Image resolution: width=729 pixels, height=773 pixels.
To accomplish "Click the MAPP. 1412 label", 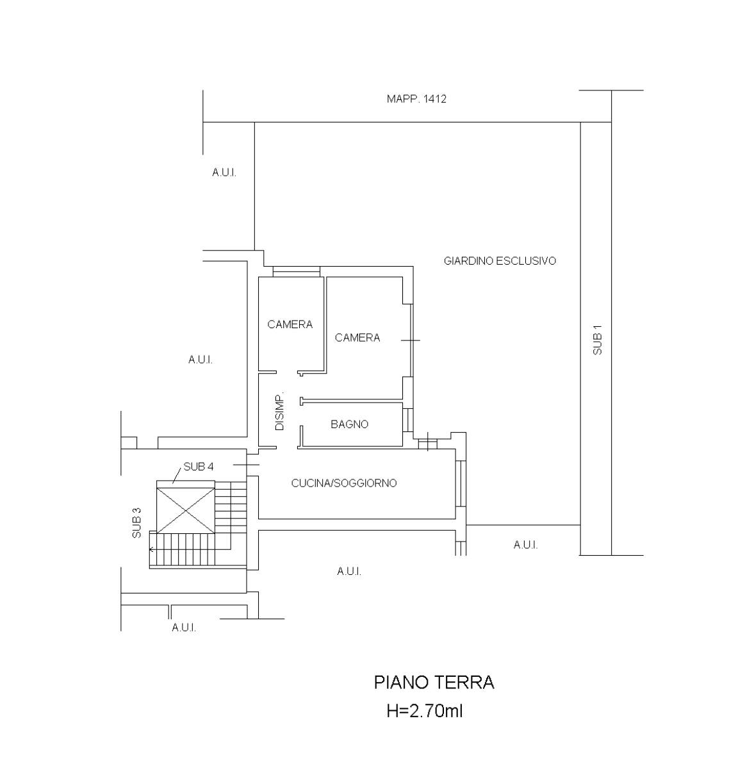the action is (x=416, y=99).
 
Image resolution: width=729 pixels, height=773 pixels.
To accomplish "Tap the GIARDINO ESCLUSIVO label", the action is (x=500, y=261).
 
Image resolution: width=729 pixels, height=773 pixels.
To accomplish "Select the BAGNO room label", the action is (x=349, y=424).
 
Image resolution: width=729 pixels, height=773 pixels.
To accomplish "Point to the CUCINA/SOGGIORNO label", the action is (x=344, y=483).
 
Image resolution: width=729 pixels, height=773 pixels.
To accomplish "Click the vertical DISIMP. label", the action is (x=280, y=411).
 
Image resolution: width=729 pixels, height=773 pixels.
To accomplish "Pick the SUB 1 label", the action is (x=598, y=340).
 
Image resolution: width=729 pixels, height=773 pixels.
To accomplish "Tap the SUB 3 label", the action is (x=136, y=523).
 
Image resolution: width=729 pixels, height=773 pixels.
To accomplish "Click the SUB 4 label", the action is (x=199, y=466).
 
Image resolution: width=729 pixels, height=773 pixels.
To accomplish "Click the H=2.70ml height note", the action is (x=425, y=711).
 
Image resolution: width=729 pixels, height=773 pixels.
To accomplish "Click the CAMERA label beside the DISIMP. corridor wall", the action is (x=290, y=324).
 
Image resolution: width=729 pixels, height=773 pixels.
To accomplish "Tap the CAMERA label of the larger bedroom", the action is (x=357, y=337).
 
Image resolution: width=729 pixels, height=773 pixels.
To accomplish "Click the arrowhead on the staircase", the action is (x=151, y=549).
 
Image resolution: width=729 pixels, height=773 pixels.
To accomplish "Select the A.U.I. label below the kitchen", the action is (x=349, y=571).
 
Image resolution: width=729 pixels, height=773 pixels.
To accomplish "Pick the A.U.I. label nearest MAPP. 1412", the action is (x=224, y=172).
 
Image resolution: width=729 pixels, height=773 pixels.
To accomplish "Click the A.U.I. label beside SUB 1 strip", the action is (x=525, y=545).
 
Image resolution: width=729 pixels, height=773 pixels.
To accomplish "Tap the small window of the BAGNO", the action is (x=407, y=420).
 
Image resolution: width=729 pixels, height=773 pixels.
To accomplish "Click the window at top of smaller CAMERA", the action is (x=297, y=271).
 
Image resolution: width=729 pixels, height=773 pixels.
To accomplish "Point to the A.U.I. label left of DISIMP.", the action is (x=201, y=360).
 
